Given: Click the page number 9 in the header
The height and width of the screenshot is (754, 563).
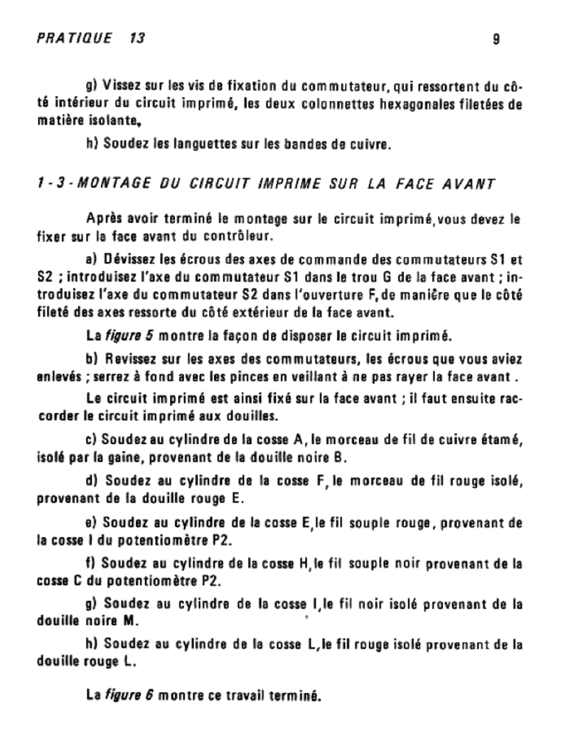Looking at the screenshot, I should (x=496, y=39).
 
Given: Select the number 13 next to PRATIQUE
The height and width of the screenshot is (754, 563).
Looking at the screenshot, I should (x=137, y=38).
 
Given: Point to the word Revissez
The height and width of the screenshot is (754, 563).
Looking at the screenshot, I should (x=130, y=359).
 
